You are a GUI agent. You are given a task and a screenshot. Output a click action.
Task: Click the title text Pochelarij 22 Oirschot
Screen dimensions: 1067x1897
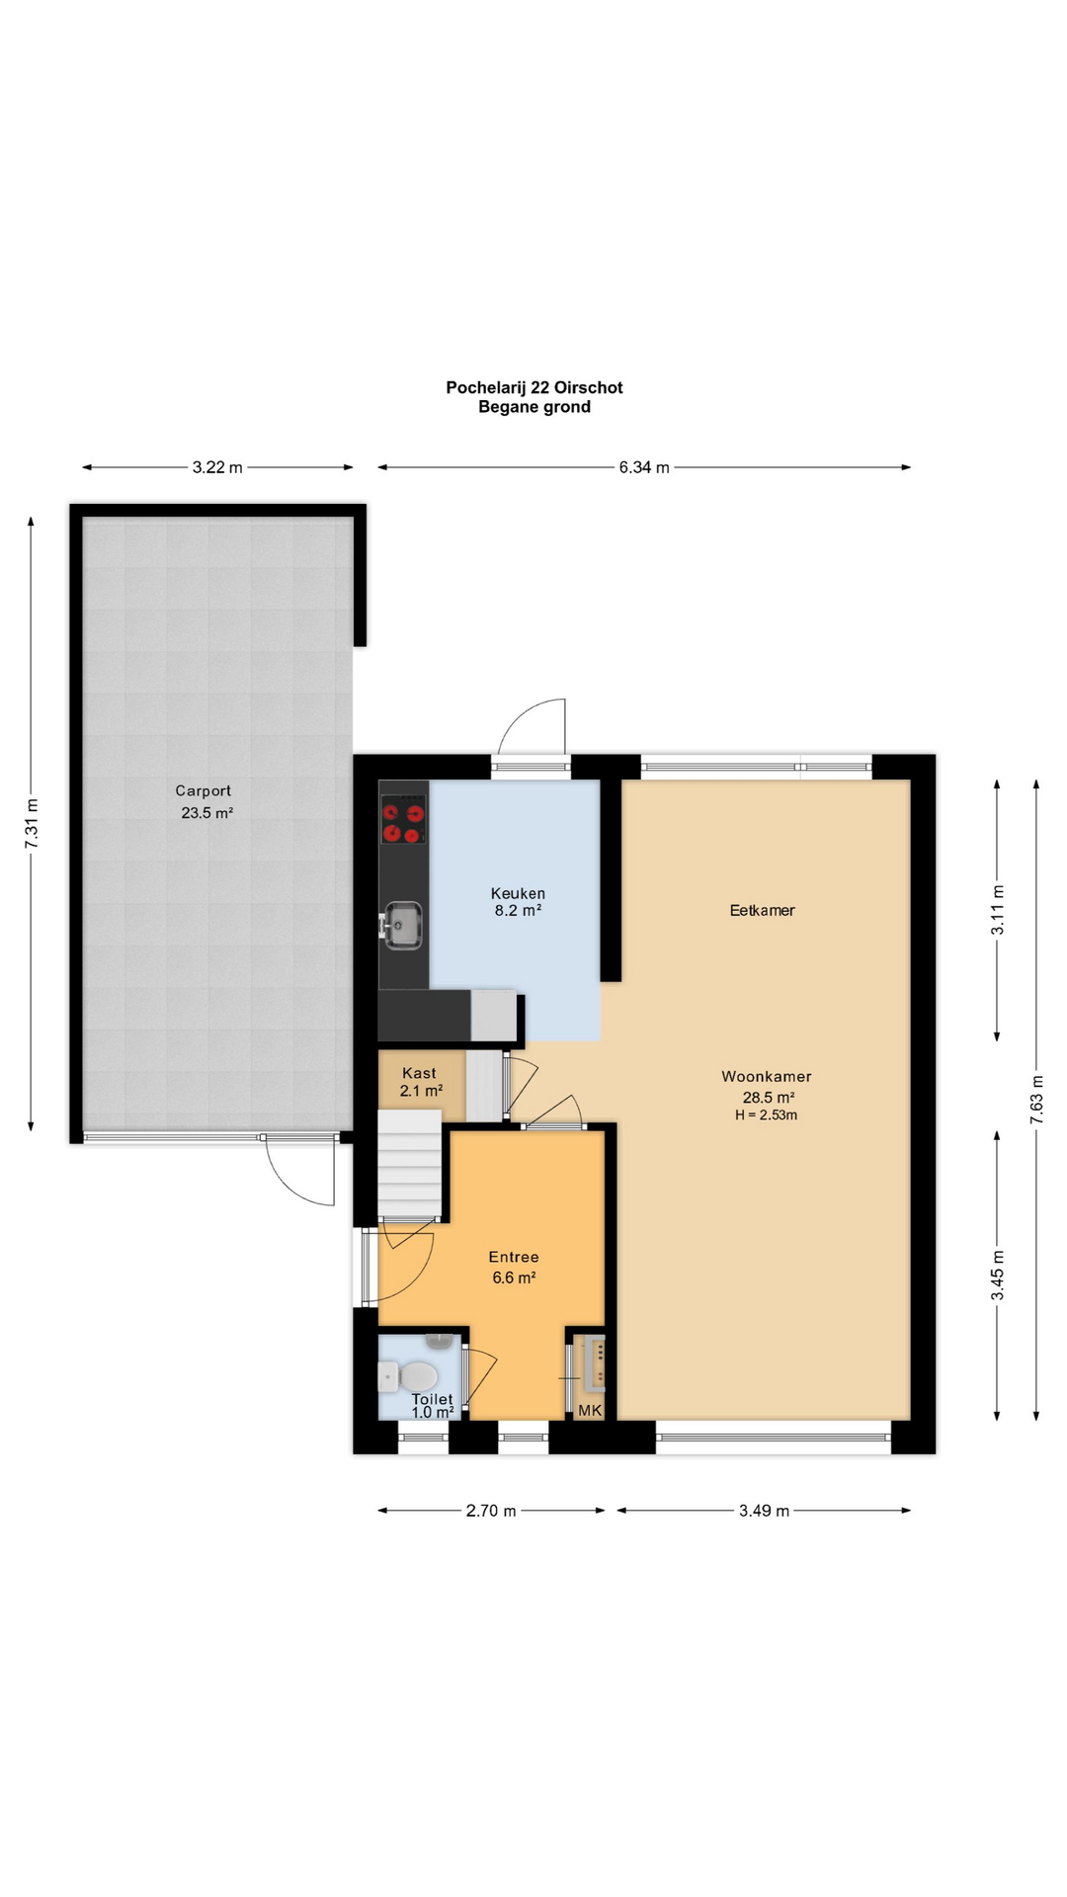pyautogui.click(x=534, y=387)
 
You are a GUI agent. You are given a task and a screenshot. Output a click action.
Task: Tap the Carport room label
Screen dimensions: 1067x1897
pyautogui.click(x=204, y=790)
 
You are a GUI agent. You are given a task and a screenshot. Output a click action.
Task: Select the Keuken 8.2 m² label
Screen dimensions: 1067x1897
pyautogui.click(x=518, y=902)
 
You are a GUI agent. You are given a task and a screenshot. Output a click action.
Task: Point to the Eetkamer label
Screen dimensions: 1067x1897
pyautogui.click(x=762, y=910)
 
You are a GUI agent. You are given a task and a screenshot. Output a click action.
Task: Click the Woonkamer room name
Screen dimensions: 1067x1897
pyautogui.click(x=767, y=1077)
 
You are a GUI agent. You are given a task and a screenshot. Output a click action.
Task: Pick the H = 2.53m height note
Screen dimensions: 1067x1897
pyautogui.click(x=766, y=1115)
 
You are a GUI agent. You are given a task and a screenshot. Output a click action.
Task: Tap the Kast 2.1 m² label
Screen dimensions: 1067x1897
pyautogui.click(x=420, y=1082)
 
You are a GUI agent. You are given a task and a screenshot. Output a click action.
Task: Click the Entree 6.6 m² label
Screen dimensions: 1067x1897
pyautogui.click(x=514, y=1267)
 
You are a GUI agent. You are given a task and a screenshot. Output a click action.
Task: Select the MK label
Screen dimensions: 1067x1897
pyautogui.click(x=590, y=1411)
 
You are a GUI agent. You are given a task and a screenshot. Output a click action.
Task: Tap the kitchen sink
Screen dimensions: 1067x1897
pyautogui.click(x=402, y=925)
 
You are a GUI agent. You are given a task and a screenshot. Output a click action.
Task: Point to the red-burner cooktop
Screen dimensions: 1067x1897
pyautogui.click(x=403, y=819)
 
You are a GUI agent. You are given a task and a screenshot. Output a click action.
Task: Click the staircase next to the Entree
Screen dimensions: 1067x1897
pyautogui.click(x=409, y=1164)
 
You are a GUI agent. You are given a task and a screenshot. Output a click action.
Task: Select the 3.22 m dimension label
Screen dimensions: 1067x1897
pyautogui.click(x=217, y=467)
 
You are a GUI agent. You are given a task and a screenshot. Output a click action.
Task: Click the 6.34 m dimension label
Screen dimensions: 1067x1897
pyautogui.click(x=644, y=467)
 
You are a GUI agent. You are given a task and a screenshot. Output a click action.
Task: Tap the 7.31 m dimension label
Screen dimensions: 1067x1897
pyautogui.click(x=32, y=822)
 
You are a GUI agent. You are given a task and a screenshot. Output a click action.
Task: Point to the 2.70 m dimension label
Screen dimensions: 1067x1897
pyautogui.click(x=491, y=1511)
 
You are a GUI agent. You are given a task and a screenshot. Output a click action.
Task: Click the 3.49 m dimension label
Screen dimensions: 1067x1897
pyautogui.click(x=764, y=1511)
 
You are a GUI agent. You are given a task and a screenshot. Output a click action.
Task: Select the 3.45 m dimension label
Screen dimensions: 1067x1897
pyautogui.click(x=998, y=1276)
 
